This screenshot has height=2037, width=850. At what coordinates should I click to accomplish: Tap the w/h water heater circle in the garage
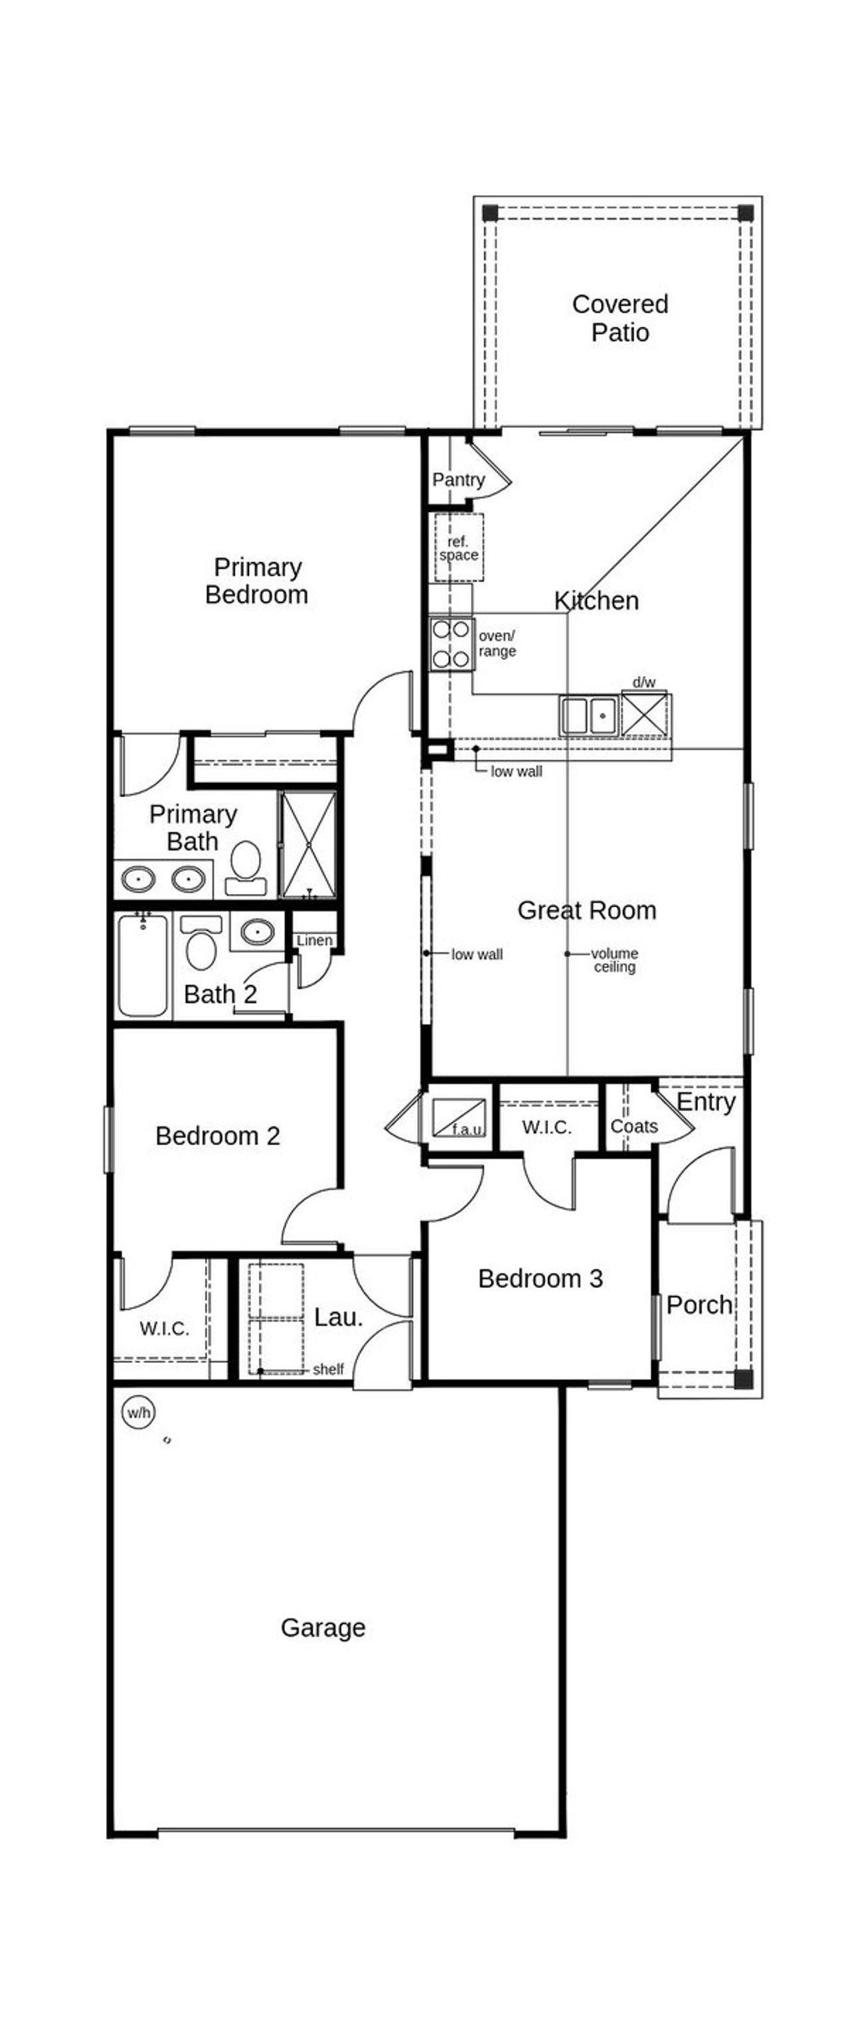coord(138,1412)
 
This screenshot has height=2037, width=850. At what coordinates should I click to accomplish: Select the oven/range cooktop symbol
coord(452,644)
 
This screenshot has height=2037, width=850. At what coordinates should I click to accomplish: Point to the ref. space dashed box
coord(459,548)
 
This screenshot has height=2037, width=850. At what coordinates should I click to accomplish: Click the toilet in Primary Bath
coord(245,867)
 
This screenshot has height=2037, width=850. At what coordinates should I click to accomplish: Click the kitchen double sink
coord(588,715)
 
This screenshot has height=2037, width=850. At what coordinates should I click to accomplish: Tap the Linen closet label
coord(314,940)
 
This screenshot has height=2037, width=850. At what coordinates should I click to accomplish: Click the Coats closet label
coord(634,1126)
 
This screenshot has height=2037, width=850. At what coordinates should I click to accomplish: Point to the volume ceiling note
coord(614,959)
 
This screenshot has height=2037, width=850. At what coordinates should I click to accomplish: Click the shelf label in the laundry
coord(327,1370)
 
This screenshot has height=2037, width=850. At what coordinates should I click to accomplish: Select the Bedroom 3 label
coord(540,1279)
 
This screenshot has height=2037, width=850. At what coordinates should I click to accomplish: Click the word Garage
coord(323,1627)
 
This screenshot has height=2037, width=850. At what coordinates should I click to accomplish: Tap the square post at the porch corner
coord(742,1379)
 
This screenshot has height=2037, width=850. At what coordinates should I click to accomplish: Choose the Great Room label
coord(586,910)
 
